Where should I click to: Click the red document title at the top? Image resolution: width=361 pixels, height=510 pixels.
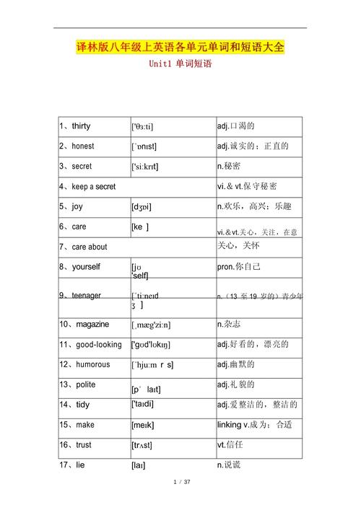pos(180,48)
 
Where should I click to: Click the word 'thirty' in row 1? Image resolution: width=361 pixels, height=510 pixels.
pos(81,126)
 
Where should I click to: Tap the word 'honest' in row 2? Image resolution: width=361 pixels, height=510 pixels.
pos(82,146)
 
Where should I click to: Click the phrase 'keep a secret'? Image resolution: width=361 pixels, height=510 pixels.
pos(93,186)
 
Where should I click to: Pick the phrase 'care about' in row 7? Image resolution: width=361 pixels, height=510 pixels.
pos(89,247)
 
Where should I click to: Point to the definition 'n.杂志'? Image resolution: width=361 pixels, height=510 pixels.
pos(232,325)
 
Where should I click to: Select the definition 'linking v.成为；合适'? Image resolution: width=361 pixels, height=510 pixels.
pos(254,425)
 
